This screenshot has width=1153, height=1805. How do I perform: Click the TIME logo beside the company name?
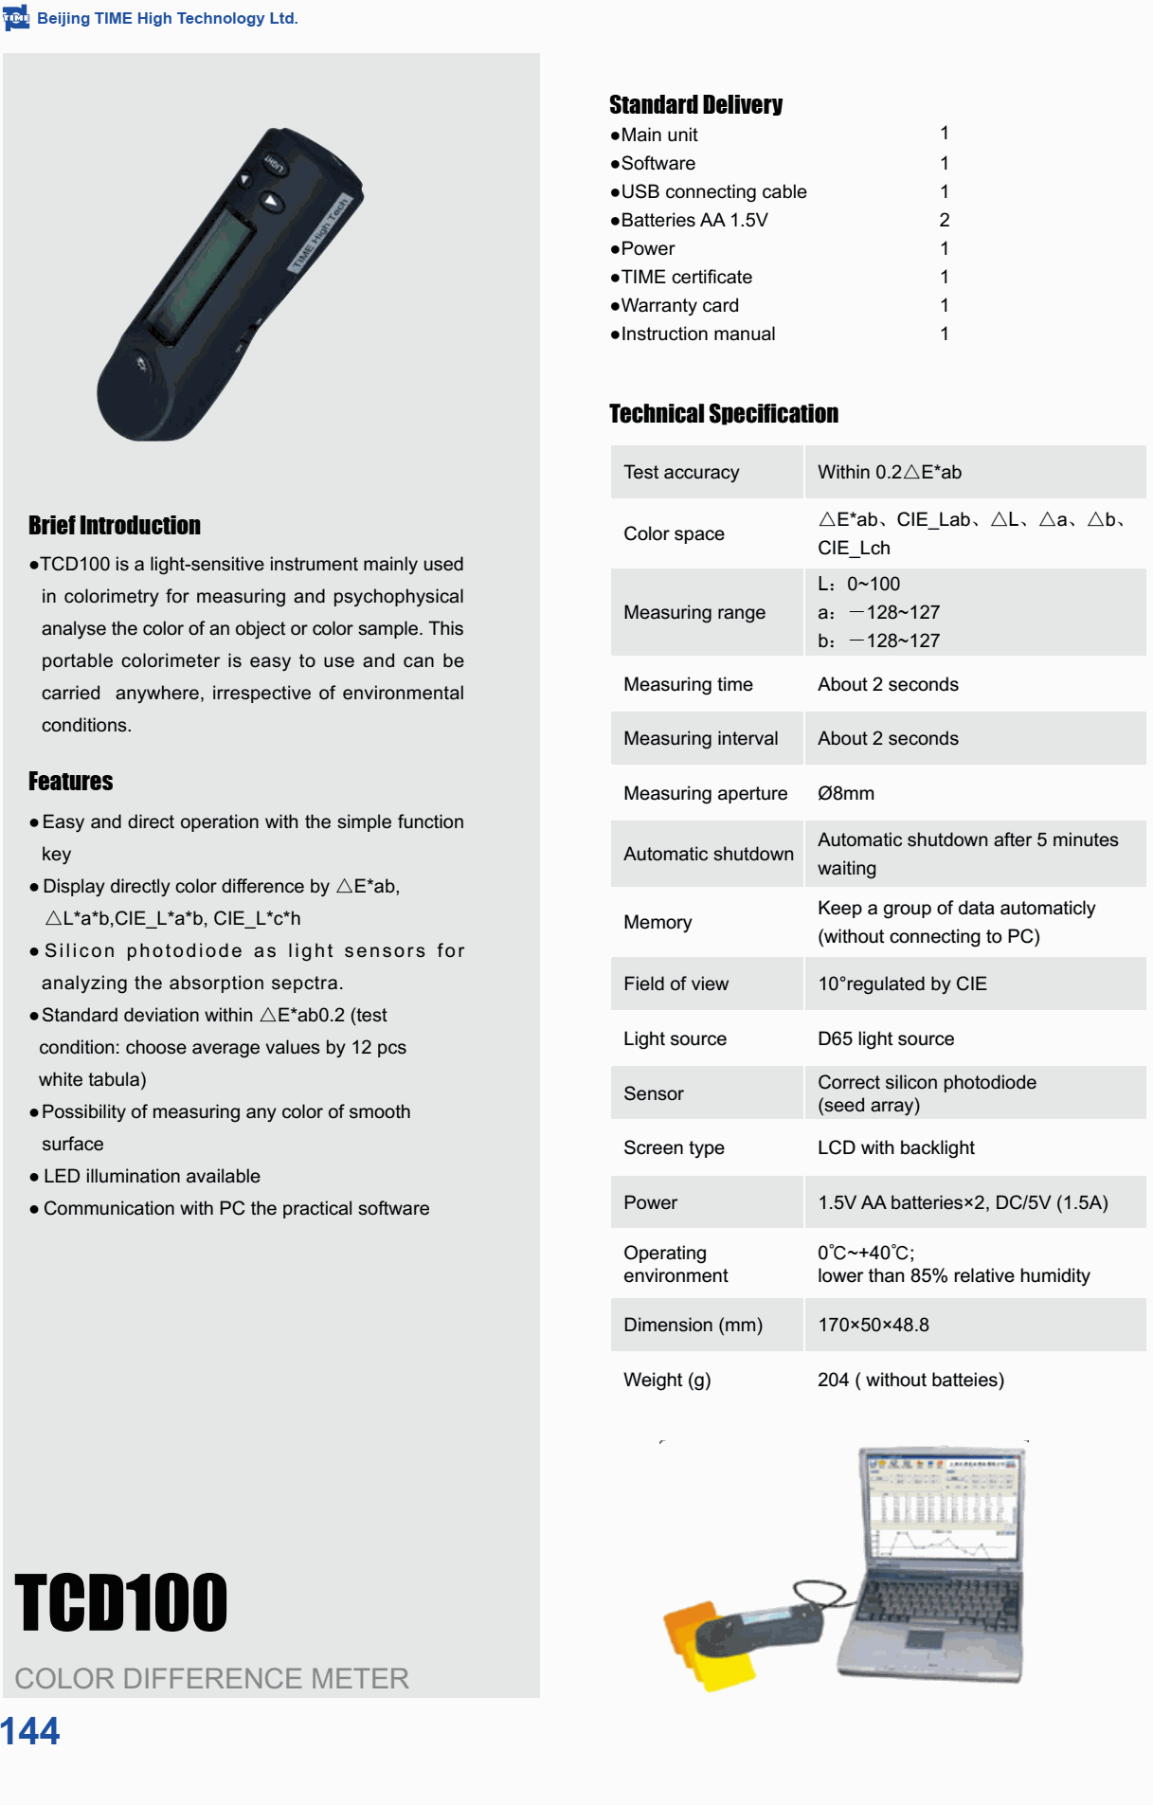[x=16, y=18]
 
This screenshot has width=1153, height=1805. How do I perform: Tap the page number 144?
[x=30, y=1731]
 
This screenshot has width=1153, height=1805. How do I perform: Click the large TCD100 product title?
[x=121, y=1603]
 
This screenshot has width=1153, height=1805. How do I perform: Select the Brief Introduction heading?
[x=115, y=526]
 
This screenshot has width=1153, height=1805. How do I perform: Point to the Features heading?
[x=71, y=782]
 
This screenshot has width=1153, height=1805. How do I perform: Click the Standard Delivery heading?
[x=695, y=105]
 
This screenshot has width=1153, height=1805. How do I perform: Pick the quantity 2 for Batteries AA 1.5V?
[x=944, y=220]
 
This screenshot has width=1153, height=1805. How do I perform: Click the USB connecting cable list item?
[x=713, y=191]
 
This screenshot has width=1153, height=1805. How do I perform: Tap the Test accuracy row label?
[x=681, y=472]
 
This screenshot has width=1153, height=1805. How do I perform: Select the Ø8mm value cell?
[x=846, y=793]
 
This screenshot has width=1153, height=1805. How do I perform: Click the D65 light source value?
[x=886, y=1038]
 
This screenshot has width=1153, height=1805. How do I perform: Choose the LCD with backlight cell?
[x=895, y=1147]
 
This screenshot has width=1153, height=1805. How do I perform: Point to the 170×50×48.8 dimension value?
[x=873, y=1325]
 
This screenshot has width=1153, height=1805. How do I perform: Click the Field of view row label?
[x=676, y=984]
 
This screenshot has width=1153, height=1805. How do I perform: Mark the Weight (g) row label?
[x=667, y=1380]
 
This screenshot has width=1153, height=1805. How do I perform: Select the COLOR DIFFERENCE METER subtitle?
[x=211, y=1678]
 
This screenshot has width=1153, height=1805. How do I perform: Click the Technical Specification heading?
[x=724, y=414]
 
